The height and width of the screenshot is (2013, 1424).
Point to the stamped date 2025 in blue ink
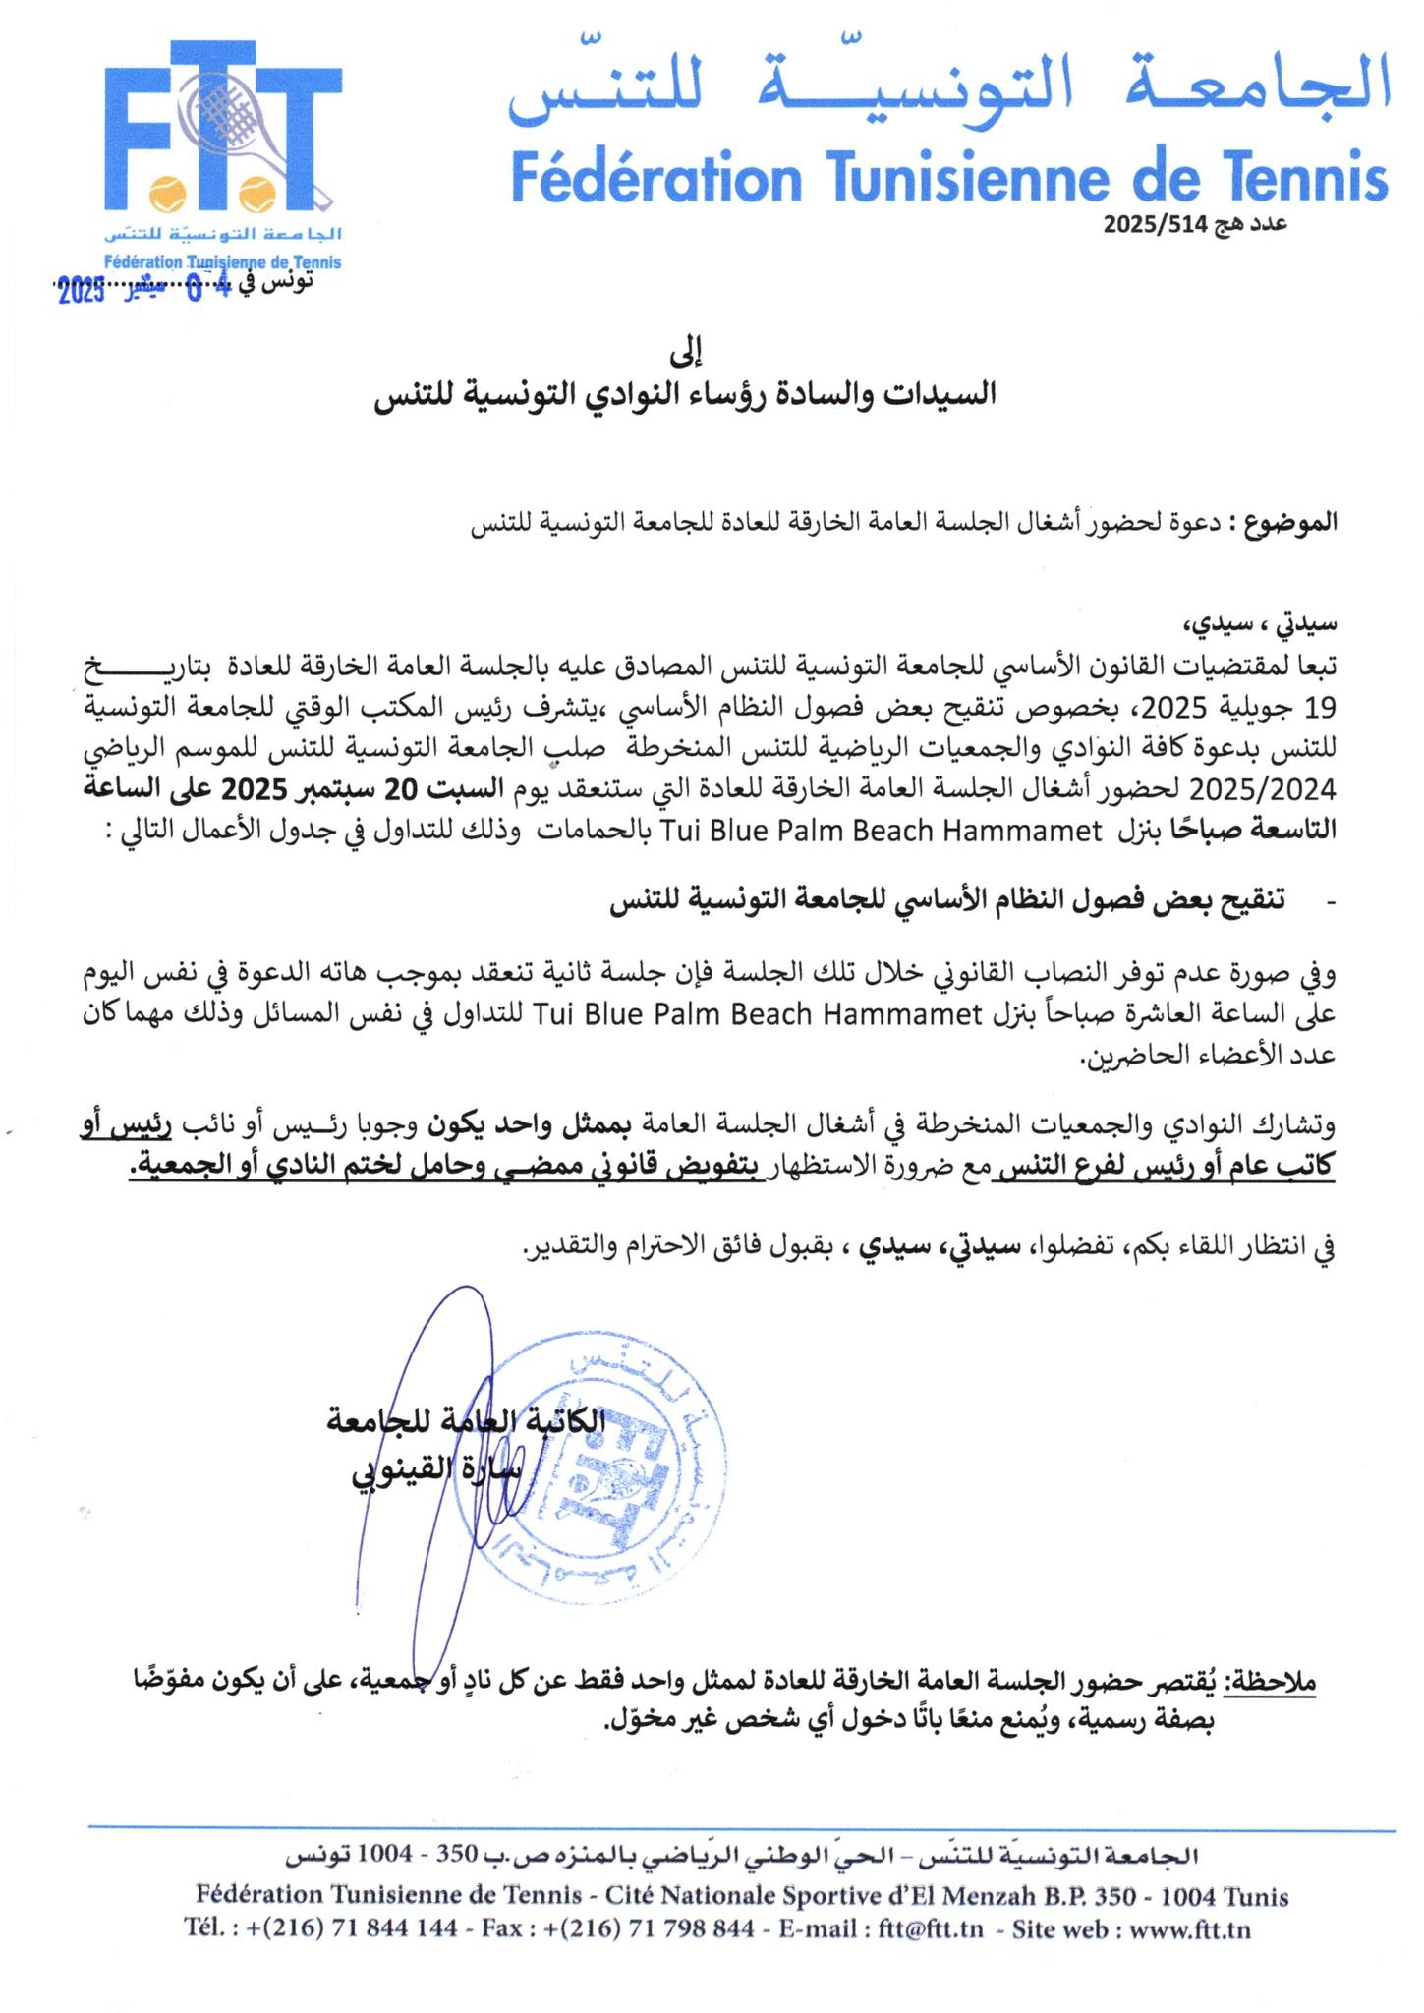(x=82, y=292)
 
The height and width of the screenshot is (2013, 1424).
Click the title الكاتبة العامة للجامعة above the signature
(x=466, y=1422)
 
